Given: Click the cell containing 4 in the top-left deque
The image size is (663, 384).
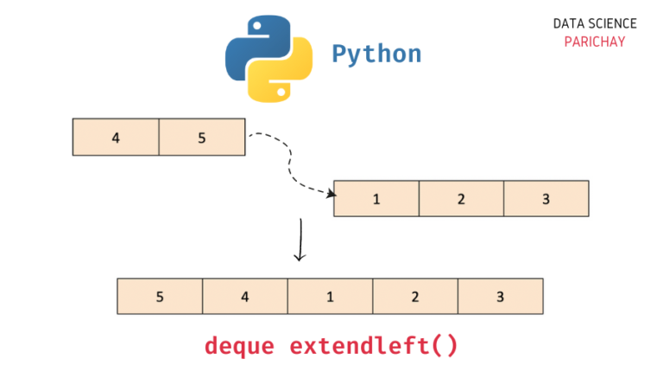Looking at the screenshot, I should click(116, 138).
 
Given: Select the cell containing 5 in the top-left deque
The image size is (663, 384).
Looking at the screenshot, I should click(202, 138).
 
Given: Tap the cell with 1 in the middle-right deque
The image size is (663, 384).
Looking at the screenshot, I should click(376, 199).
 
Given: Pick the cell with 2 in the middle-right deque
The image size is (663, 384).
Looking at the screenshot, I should click(461, 199).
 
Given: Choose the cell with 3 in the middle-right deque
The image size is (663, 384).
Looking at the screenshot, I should click(546, 199).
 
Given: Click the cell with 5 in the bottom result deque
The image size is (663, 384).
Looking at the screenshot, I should click(160, 297).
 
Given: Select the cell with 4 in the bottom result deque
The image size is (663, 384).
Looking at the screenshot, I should click(245, 297).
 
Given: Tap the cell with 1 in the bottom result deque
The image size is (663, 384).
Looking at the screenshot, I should click(330, 297).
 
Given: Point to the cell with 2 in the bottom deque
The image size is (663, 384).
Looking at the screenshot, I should click(415, 297).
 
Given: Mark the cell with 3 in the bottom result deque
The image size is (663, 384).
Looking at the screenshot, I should click(500, 297).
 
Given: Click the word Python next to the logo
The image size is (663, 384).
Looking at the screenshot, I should click(376, 54).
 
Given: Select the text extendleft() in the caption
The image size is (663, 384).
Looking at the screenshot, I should click(374, 346).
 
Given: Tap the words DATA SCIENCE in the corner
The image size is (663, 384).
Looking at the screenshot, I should click(595, 24).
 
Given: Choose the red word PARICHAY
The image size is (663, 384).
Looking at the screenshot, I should click(595, 42).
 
